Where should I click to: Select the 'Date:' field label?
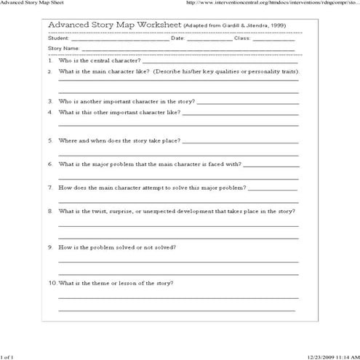click(x=178, y=39)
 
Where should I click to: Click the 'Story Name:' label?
click(x=63, y=49)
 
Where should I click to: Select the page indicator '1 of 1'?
click(x=7, y=356)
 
